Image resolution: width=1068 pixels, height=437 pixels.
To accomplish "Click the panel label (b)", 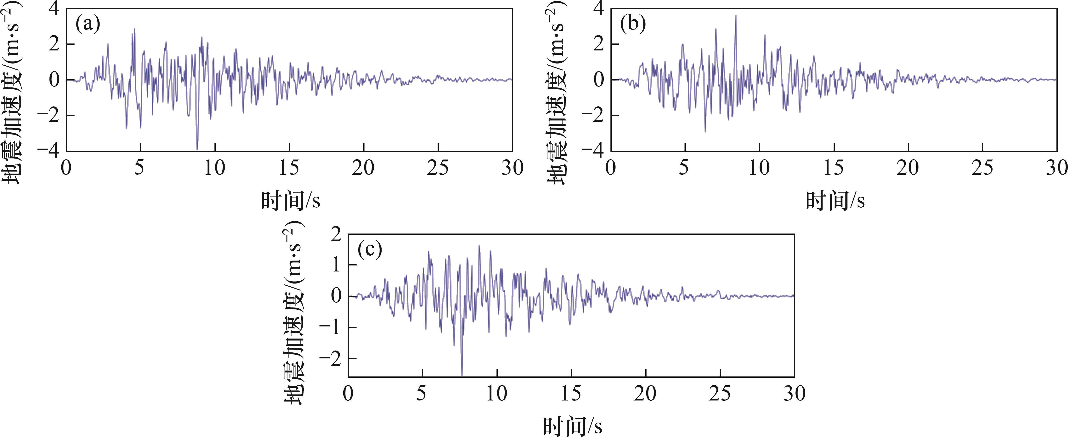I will (x=633, y=25).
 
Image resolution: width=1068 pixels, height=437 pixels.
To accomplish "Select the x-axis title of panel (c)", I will (x=572, y=426).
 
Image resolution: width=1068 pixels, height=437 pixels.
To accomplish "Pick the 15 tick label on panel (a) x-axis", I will (x=289, y=168).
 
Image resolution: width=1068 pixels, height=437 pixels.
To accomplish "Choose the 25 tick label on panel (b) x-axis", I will (x=983, y=168).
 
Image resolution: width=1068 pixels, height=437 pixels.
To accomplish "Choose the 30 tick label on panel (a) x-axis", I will (x=512, y=168).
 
